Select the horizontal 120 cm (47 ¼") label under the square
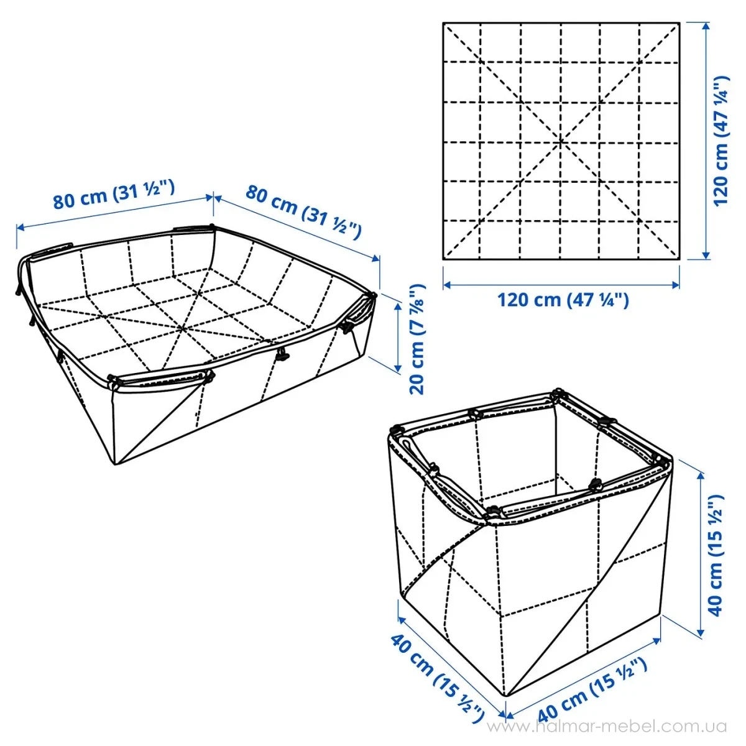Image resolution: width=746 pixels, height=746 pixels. (563, 300)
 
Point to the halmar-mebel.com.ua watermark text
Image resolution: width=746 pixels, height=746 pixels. (607, 726)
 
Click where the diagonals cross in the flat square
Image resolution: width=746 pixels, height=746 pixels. (561, 141)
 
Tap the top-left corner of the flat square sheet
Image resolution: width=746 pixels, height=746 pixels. (443, 23)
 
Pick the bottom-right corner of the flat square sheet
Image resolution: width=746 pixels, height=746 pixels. (680, 259)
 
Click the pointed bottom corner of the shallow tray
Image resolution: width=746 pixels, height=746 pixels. (114, 464)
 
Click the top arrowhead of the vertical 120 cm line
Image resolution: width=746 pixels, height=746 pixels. (706, 25)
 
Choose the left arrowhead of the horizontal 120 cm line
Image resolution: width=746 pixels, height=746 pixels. (446, 285)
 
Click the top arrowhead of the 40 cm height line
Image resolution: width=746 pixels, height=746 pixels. (701, 474)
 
